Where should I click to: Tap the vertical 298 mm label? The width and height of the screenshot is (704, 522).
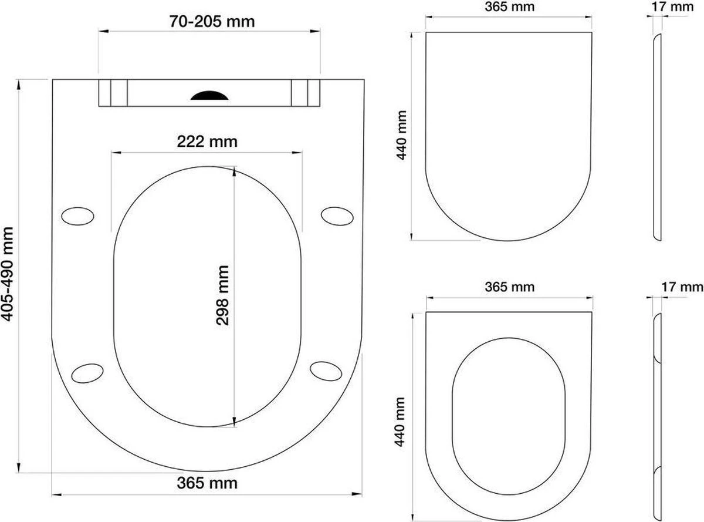222,294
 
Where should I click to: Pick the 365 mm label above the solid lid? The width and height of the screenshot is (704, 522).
509,8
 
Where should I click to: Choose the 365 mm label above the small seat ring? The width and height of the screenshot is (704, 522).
509,287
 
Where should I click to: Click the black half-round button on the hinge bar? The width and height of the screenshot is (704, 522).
209,95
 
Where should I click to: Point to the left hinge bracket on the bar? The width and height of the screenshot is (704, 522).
112,93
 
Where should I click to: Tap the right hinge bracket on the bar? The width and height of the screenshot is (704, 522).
306,93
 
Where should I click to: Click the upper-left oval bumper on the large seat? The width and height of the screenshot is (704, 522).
77,215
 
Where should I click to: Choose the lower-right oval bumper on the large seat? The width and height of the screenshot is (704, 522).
326,371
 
